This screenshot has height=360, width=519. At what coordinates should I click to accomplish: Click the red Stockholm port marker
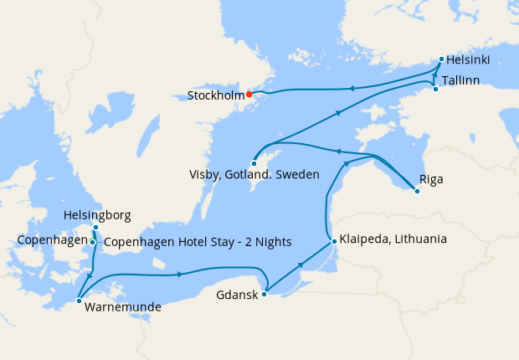pos(249,95)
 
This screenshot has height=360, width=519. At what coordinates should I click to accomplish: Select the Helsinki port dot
pos(441,60)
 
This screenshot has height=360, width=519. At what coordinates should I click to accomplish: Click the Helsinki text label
pos(468,60)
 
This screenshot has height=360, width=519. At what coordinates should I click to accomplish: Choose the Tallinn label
pos(460,80)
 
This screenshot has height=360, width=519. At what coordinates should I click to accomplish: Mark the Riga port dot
pos(417,192)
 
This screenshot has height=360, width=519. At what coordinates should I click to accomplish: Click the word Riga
pos(431,179)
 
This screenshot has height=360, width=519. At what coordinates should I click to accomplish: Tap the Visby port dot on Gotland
pos(253,163)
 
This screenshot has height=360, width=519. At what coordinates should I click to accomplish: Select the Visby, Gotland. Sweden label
pos(254,175)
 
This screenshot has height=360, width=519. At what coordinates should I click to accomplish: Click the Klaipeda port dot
pos(334,242)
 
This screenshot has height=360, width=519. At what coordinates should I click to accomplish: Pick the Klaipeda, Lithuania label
pos(393,239)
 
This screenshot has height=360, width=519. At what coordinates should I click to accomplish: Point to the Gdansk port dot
pos(265,294)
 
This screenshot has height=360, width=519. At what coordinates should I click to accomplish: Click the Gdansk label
pos(237,296)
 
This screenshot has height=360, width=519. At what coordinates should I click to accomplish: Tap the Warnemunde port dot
pos(78,300)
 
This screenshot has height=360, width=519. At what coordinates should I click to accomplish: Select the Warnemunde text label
pos(121,307)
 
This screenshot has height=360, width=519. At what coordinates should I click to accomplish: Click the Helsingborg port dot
pos(96,228)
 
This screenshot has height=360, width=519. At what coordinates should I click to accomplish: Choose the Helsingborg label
pos(97,215)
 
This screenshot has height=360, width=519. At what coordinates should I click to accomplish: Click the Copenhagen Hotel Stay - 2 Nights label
pos(197,243)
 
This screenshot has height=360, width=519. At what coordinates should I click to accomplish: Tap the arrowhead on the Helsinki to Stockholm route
pos(352,88)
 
